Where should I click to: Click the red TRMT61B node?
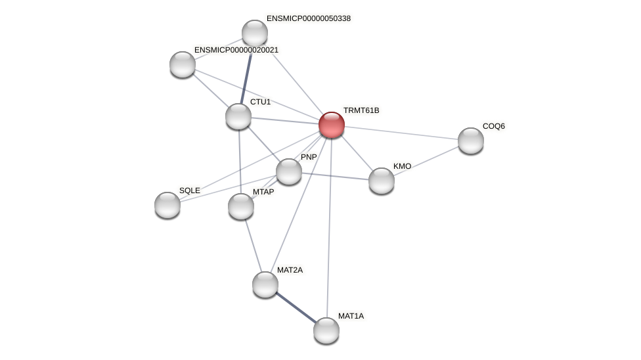(x=332, y=125)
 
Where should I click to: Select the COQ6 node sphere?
(x=471, y=141)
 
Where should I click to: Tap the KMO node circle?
(x=382, y=181)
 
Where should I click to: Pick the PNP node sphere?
(x=289, y=171)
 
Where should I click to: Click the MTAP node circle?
(x=241, y=206)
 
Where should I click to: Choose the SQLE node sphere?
(x=167, y=205)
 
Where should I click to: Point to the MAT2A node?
(x=265, y=284)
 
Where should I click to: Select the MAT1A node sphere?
(x=326, y=330)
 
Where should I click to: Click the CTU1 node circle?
(x=238, y=116)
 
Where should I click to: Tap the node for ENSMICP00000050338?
(x=255, y=33)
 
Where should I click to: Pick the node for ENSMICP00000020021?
(x=183, y=64)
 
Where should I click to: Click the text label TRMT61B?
(x=361, y=110)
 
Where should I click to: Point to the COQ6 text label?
(x=493, y=126)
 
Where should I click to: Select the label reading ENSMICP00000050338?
(x=308, y=18)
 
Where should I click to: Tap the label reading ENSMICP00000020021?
(x=236, y=50)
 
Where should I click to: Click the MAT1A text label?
(x=350, y=316)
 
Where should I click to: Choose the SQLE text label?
(x=189, y=191)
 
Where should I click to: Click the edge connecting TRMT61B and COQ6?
(x=401, y=133)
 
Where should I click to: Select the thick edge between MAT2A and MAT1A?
(x=296, y=307)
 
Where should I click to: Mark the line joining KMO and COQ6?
(x=426, y=161)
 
